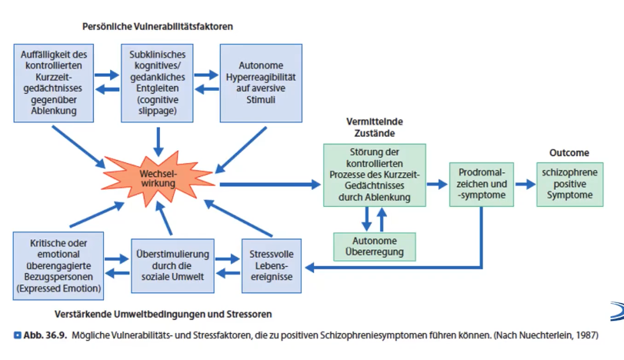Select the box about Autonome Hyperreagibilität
pos(261,83)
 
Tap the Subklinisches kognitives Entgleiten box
pos(157,83)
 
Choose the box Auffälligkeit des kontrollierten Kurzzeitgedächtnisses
pos(55,83)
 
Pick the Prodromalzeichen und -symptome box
pos(482,185)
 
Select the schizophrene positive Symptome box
pos(569,184)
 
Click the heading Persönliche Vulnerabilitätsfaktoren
pos(158,26)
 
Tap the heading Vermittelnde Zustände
pos(375,127)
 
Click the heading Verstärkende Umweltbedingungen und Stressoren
pos(163,314)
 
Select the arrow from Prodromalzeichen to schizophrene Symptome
pos(525,185)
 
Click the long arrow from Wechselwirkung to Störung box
pos(269,185)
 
